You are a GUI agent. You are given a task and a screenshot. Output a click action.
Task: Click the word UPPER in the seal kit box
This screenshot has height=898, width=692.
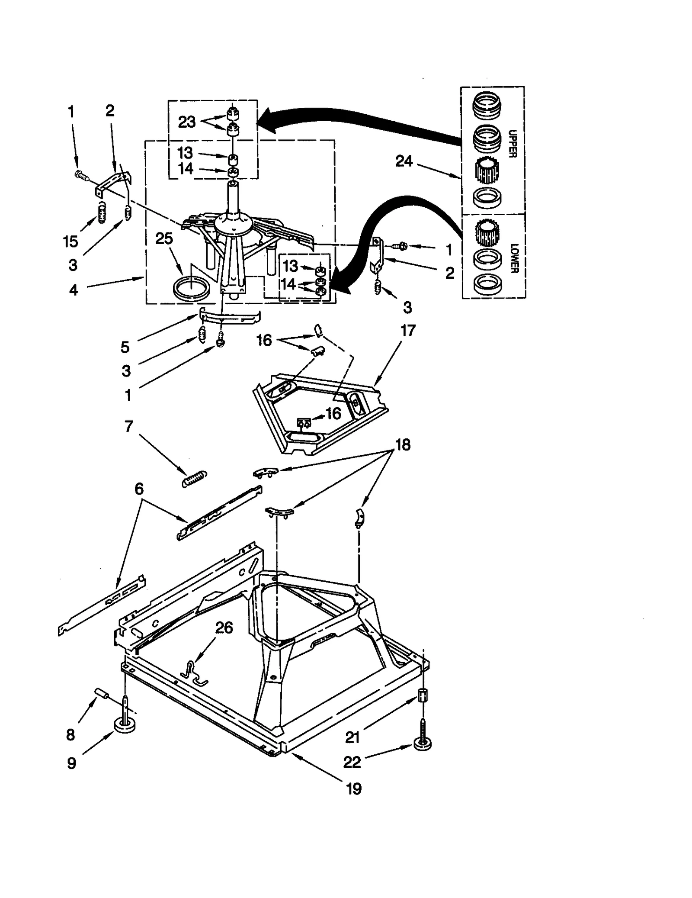point(512,144)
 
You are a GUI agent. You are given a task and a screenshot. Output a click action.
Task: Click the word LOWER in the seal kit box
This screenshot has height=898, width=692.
point(514,258)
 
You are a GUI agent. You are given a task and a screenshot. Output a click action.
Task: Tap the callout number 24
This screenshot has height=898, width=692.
point(404,161)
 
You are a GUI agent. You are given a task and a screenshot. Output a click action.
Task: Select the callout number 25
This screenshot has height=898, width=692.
point(164,238)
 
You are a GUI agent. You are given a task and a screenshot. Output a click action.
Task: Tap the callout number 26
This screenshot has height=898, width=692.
point(224,628)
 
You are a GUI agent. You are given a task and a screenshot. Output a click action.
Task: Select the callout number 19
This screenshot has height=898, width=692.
point(354,789)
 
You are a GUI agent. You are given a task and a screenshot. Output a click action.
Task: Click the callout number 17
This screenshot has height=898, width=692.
point(407,331)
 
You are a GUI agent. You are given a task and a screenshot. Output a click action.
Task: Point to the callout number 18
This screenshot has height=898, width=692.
point(403,444)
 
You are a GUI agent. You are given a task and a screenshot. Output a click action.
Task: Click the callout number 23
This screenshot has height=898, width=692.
point(187,122)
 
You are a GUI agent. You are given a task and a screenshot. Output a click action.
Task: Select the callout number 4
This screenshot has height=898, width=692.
point(74,290)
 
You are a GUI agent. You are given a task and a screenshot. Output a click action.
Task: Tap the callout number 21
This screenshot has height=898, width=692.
point(352,737)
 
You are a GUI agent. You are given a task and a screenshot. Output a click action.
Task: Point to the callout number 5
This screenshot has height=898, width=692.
point(125,347)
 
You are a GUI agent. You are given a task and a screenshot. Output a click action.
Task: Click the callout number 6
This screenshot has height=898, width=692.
point(138,489)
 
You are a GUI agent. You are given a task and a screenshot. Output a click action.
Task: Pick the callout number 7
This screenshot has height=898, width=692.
point(128,426)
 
